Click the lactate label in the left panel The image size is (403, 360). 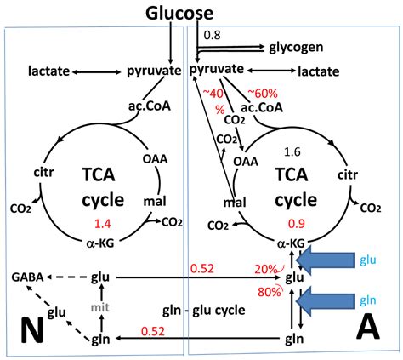tap(49, 70)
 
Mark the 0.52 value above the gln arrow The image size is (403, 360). tap(154, 329)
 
